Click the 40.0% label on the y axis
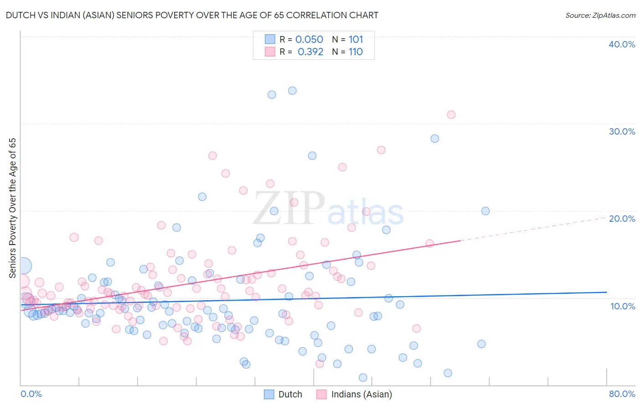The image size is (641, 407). pos(622,44)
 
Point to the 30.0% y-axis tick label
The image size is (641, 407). pos(622,131)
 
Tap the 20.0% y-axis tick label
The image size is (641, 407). pos(622,219)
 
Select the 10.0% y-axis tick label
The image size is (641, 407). pos(623,306)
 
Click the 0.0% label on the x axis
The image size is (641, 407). pos(31,394)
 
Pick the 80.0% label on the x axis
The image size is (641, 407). pos(622,394)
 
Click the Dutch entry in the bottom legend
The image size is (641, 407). pos(290,394)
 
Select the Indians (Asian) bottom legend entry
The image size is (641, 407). pos(361,394)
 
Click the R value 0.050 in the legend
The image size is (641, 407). pos(309,40)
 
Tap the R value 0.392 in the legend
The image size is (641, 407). pos(310,52)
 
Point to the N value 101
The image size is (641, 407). pos(356,40)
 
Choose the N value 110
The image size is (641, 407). pos(356,52)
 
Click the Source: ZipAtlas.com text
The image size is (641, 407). pos(600,16)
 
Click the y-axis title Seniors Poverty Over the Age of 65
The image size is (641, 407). pos(13,208)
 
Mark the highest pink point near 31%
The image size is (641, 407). pos(451,115)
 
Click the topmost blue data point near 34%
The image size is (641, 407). pos(292,91)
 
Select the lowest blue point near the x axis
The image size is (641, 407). pos(363,377)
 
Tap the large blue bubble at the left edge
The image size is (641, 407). pos(23,265)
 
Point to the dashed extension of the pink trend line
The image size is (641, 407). pos(533,230)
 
